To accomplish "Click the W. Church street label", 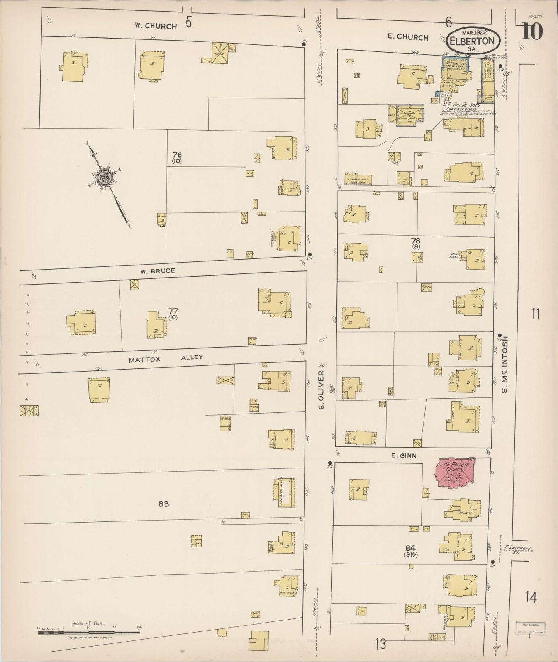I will pyautogui.click(x=156, y=26).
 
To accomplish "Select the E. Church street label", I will pyautogui.click(x=408, y=37).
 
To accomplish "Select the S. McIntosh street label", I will pyautogui.click(x=504, y=364).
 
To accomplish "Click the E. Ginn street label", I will pyautogui.click(x=404, y=456).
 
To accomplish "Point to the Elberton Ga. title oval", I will pyautogui.click(x=473, y=41).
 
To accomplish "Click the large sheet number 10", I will pyautogui.click(x=533, y=32).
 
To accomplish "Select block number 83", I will pyautogui.click(x=163, y=504).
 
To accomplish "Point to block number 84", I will pyautogui.click(x=410, y=548).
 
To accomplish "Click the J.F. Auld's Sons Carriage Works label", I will pyautogui.click(x=462, y=107).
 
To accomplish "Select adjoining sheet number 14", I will pyautogui.click(x=531, y=598).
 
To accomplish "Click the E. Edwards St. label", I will pyautogui.click(x=517, y=549).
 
